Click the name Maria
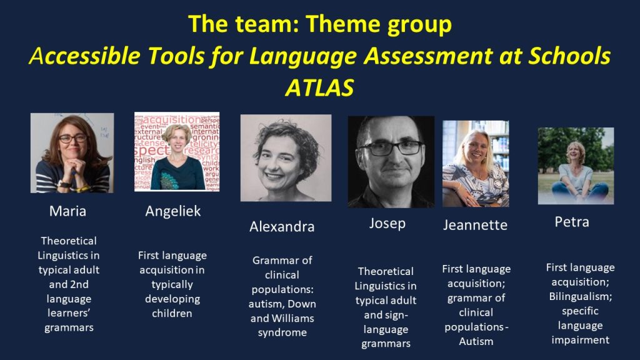[67, 211]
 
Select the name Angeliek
[173, 211]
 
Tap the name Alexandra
[282, 226]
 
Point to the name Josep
[387, 224]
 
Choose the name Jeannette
[476, 225]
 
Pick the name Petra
[572, 222]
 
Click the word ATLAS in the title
[319, 87]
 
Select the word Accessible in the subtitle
[84, 56]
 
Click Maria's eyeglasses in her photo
[72, 138]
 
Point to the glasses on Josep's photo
[391, 147]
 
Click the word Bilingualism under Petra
[581, 296]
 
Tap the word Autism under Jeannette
[476, 341]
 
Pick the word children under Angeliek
[172, 314]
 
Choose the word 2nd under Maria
[79, 284]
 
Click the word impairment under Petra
[581, 340]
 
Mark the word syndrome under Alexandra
[282, 332]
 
